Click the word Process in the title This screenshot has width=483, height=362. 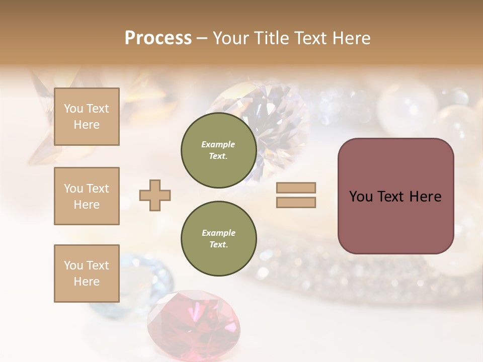(x=158, y=38)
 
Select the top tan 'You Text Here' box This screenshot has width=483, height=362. (x=87, y=117)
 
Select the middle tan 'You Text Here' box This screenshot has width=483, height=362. (x=87, y=196)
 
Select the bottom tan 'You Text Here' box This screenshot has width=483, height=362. (x=87, y=274)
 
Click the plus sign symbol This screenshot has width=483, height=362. (x=154, y=196)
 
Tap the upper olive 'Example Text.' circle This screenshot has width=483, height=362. (x=218, y=150)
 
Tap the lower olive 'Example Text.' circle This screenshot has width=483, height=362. (x=218, y=238)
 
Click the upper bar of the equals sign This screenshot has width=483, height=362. (x=296, y=188)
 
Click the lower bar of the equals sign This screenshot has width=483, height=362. (x=296, y=203)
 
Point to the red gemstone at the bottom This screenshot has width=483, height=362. (x=194, y=322)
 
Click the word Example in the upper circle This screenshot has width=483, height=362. (x=218, y=144)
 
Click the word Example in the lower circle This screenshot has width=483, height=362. (x=218, y=233)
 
